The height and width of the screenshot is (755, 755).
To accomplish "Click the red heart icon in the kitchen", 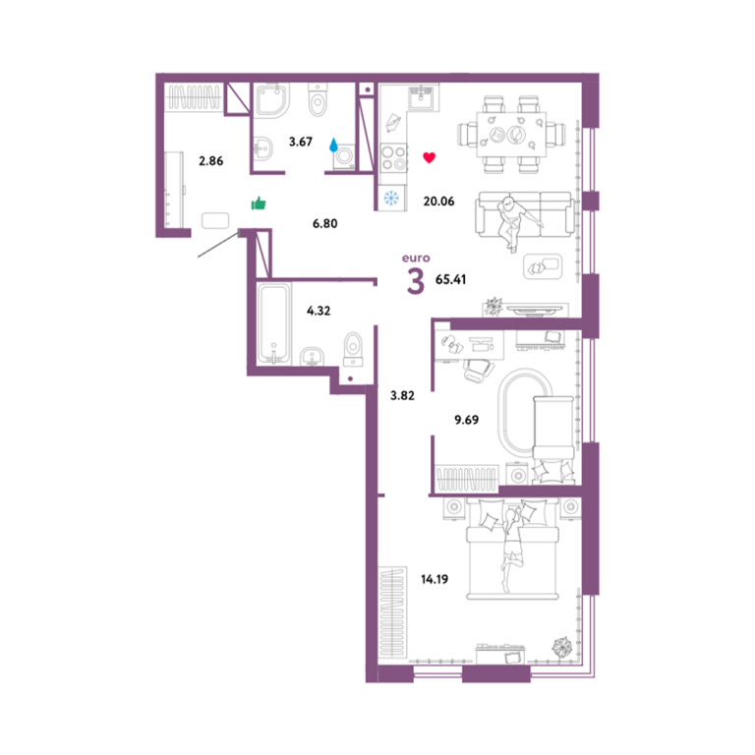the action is pyautogui.click(x=429, y=157).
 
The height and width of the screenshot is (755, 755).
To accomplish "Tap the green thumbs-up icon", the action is pyautogui.click(x=259, y=203).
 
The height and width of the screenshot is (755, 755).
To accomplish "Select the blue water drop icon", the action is pyautogui.click(x=333, y=145).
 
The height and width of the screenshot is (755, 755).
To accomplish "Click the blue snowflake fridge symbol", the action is pyautogui.click(x=391, y=198).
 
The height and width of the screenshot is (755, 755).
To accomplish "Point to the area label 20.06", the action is pyautogui.click(x=438, y=202).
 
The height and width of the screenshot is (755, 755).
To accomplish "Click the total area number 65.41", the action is pyautogui.click(x=450, y=279).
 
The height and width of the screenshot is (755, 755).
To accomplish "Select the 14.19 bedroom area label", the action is pyautogui.click(x=435, y=579).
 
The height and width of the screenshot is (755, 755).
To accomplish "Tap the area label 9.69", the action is pyautogui.click(x=467, y=420).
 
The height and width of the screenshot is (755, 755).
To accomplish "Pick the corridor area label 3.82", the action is pyautogui.click(x=402, y=396).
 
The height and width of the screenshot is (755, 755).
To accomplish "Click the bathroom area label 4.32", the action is pyautogui.click(x=319, y=311).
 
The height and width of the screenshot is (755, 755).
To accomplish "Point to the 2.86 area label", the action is pyautogui.click(x=211, y=161).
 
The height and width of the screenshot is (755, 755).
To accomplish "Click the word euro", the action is pyautogui.click(x=416, y=259).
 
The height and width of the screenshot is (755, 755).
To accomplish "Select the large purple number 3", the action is pyautogui.click(x=416, y=281).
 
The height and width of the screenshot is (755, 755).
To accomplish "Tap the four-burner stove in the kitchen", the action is pyautogui.click(x=393, y=158).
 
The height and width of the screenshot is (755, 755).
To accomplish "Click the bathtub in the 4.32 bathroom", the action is pyautogui.click(x=274, y=323).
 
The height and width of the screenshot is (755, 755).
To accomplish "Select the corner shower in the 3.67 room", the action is pyautogui.click(x=272, y=100).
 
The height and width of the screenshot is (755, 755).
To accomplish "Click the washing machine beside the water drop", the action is pyautogui.click(x=345, y=156).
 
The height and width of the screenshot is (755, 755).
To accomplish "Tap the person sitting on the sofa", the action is pyautogui.click(x=515, y=223).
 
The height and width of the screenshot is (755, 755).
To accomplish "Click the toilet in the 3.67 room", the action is pyautogui.click(x=318, y=100).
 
